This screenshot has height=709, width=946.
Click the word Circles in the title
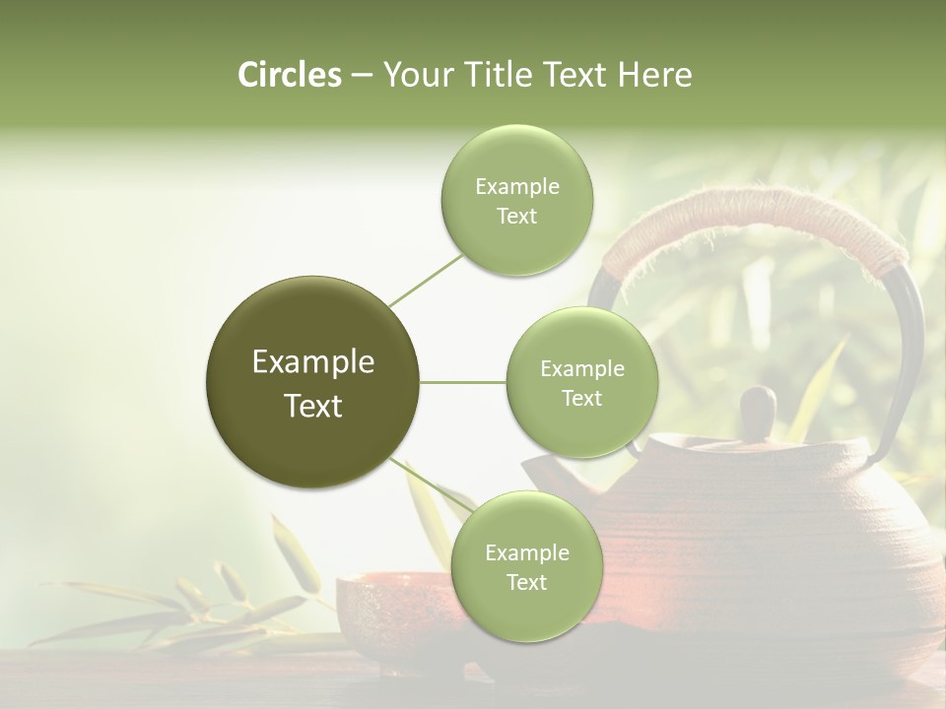[289, 75]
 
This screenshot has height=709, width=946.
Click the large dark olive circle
[313, 382]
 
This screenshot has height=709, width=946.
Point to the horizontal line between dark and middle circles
[463, 382]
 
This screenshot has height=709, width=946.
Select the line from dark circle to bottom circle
[431, 485]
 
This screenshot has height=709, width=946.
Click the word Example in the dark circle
[313, 362]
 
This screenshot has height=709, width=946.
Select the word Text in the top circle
[516, 217]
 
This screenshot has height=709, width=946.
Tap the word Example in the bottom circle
[526, 553]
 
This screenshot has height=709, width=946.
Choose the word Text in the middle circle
[581, 399]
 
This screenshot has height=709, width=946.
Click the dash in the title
[362, 76]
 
